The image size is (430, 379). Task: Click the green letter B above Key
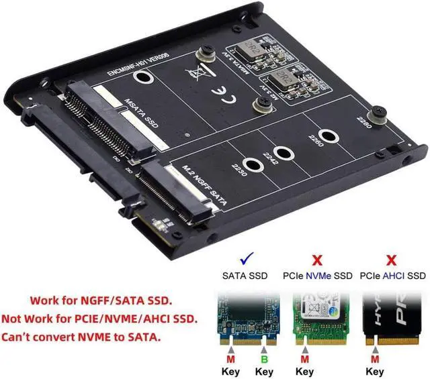coord(265,358)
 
